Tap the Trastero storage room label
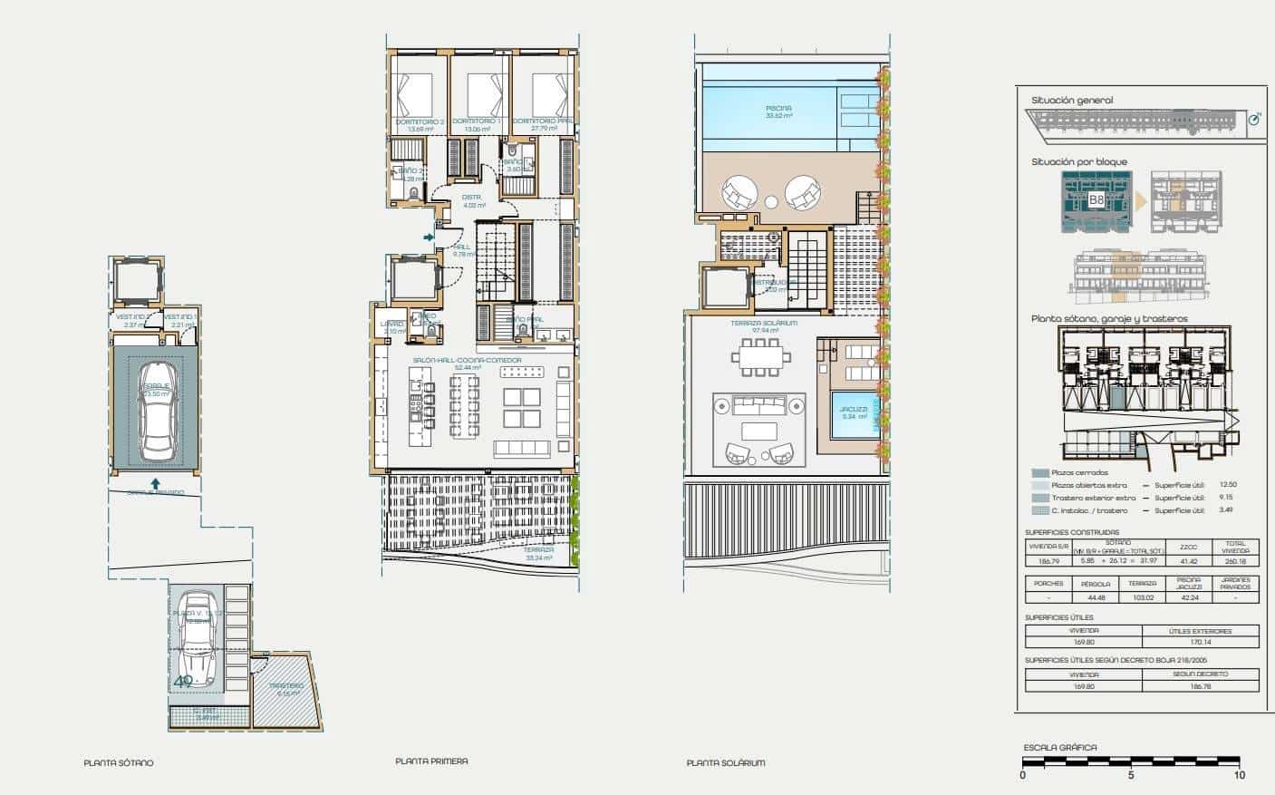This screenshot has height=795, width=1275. (285, 686)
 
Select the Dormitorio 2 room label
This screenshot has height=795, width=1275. (419, 121)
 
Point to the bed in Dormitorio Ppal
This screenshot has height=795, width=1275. (549, 95)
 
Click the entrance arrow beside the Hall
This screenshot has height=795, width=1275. (428, 238)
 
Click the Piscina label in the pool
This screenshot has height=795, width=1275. (778, 108)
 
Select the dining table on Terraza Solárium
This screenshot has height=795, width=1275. (764, 356)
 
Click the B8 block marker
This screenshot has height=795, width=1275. (1096, 199)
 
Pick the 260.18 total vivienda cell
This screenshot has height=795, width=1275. (1235, 561)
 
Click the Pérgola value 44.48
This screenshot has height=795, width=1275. (1096, 597)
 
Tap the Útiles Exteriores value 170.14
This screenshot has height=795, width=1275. (1200, 642)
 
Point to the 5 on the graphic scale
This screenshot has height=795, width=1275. (1131, 775)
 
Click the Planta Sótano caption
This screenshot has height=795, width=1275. (119, 763)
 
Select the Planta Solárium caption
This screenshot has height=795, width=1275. (725, 763)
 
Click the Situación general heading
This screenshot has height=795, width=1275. (1072, 101)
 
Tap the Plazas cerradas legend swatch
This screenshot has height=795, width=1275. (1039, 473)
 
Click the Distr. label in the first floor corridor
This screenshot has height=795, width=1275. (471, 197)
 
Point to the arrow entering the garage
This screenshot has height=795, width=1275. (155, 483)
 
